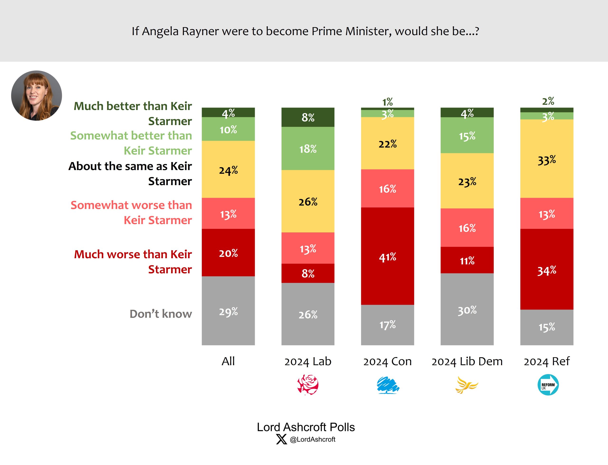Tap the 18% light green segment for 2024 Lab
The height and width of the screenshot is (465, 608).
click(308, 148)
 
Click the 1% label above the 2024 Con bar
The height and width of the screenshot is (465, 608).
click(387, 102)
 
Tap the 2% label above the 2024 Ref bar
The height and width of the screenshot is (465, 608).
click(548, 101)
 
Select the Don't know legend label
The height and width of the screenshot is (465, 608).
click(161, 314)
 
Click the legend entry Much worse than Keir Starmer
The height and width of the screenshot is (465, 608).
click(133, 262)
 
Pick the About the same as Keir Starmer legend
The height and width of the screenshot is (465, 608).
click(130, 174)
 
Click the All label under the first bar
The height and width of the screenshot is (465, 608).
click(228, 362)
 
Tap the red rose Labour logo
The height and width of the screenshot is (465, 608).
click(308, 385)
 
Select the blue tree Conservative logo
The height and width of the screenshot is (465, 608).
click(388, 385)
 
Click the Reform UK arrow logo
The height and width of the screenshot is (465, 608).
click(548, 385)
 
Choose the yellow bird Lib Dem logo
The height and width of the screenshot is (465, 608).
click(466, 385)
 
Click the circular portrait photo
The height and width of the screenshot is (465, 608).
click(37, 95)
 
